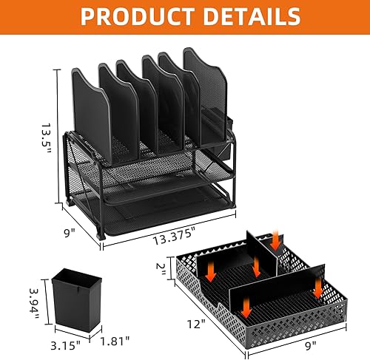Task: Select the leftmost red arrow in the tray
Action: [x=209, y=273]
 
